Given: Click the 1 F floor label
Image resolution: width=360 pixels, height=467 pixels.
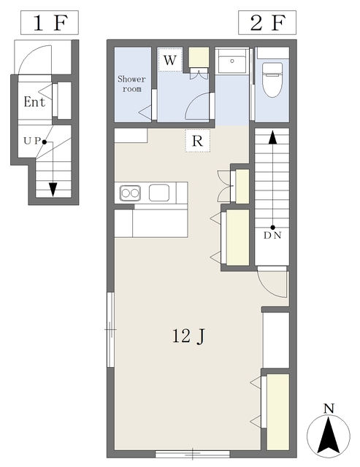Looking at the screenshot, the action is pyautogui.click(x=50, y=23).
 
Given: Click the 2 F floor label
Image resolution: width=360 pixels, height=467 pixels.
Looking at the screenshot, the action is pyautogui.click(x=267, y=23).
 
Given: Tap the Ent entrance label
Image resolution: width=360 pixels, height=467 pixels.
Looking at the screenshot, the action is pyautogui.click(x=34, y=102).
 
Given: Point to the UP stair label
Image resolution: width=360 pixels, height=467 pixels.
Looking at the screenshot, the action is pyautogui.click(x=32, y=141).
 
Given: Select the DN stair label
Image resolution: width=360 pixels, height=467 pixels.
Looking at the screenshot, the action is pyautogui.click(x=272, y=236).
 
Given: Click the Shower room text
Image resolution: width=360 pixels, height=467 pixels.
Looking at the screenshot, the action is pyautogui.click(x=131, y=84).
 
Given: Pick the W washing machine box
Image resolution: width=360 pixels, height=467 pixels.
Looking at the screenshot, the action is pyautogui.click(x=170, y=60).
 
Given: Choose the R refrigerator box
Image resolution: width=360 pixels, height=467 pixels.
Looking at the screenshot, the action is pyautogui.click(x=197, y=141).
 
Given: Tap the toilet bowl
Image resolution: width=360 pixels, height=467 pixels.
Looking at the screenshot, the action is pyautogui.click(x=272, y=80).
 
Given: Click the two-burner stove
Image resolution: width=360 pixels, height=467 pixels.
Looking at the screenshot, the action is pyautogui.click(x=130, y=193).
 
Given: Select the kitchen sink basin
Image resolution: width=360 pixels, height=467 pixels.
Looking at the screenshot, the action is pyautogui.click(x=159, y=193).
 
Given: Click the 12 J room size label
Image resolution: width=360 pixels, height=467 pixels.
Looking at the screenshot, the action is pyautogui.click(x=188, y=336).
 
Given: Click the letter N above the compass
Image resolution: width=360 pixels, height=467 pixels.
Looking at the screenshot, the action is pyautogui.click(x=329, y=409).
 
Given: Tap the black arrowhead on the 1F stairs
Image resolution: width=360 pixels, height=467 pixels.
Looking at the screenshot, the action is pyautogui.click(x=53, y=190).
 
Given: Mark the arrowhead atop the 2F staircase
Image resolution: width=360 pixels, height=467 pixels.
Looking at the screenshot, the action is pyautogui.click(x=272, y=138).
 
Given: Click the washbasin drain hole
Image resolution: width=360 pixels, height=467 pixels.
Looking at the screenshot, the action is pyautogui.click(x=232, y=61).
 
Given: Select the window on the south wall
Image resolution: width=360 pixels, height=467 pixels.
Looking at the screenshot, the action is pyautogui.click(x=193, y=454).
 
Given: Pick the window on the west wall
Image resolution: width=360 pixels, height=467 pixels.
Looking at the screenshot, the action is pyautogui.click(x=110, y=330).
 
